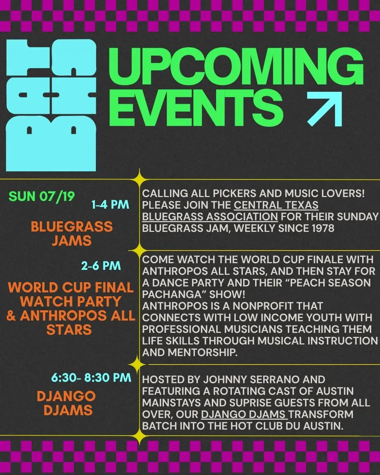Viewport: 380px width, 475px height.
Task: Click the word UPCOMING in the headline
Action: click(x=236, y=65)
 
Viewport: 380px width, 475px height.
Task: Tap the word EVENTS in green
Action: click(x=196, y=108)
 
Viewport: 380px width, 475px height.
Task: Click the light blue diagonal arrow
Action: click(x=324, y=109)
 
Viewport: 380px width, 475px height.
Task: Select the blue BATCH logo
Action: click(x=51, y=105)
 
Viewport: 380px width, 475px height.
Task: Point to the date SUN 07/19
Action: click(x=42, y=196)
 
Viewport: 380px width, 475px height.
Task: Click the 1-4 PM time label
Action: click(x=110, y=204)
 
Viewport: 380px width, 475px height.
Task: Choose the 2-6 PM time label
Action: click(x=101, y=266)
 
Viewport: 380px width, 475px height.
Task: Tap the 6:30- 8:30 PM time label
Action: click(x=91, y=378)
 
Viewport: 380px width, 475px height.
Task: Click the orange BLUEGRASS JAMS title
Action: click(x=72, y=234)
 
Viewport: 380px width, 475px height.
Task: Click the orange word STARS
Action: click(x=69, y=330)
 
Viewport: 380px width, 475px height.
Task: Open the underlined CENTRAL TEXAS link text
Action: click(x=276, y=205)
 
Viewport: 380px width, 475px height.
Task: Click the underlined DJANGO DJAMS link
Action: click(x=244, y=414)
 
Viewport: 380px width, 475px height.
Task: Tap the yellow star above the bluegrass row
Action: click(x=139, y=179)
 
